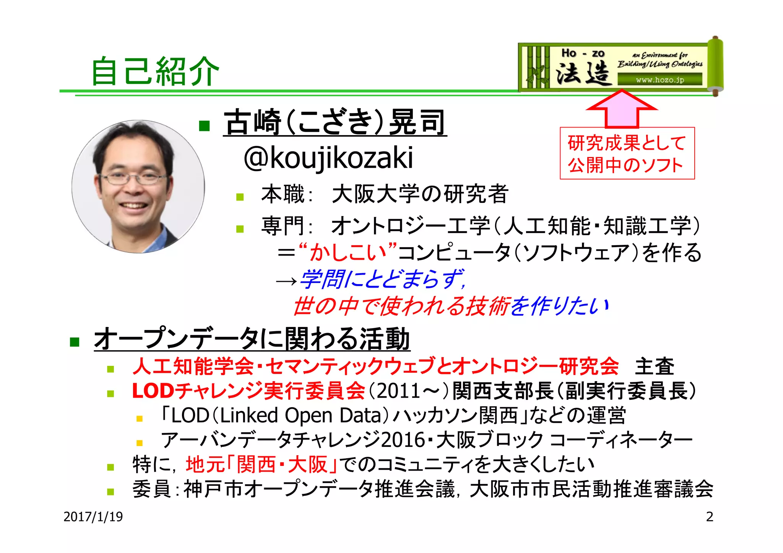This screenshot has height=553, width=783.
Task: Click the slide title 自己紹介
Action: [x=155, y=71]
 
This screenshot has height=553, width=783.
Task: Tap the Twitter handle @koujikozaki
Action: [x=328, y=158]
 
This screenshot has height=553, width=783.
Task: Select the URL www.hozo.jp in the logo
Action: [x=660, y=80]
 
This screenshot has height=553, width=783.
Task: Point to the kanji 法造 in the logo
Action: [x=583, y=73]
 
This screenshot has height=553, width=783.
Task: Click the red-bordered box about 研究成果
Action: [x=627, y=154]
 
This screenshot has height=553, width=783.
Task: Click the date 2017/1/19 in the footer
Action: [x=93, y=517]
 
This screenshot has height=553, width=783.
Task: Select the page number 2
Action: [x=709, y=517]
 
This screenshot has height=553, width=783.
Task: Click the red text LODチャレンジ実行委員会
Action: [x=249, y=391]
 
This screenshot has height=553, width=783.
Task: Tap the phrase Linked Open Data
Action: [x=301, y=416]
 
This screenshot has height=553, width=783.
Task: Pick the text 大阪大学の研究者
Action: [x=419, y=194]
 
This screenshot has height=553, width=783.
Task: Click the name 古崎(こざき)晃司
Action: [x=335, y=122]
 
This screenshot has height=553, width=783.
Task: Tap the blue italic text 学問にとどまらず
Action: [x=382, y=279]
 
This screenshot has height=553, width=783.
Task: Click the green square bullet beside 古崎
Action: [x=205, y=126]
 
